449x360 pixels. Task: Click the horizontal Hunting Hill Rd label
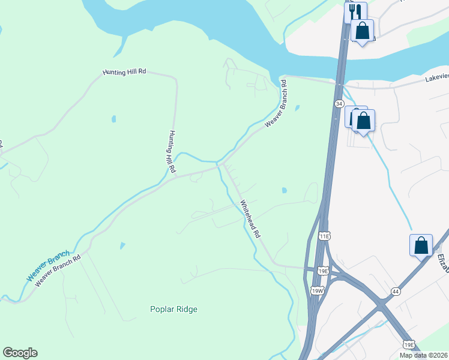click(124, 72)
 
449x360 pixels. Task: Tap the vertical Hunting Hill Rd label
click(172, 152)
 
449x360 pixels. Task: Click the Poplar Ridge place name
click(173, 310)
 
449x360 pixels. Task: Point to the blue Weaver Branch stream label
click(48, 266)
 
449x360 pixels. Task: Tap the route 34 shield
click(340, 104)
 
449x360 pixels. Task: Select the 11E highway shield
click(325, 236)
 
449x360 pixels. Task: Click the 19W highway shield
click(317, 291)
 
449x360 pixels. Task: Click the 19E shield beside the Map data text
click(408, 345)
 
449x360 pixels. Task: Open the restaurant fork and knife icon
click(355, 11)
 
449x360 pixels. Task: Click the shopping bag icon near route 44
click(421, 245)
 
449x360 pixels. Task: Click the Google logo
click(20, 353)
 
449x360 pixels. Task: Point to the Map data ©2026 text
click(423, 355)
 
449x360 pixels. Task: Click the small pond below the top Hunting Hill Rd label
click(113, 119)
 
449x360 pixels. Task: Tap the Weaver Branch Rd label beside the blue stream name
click(58, 272)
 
